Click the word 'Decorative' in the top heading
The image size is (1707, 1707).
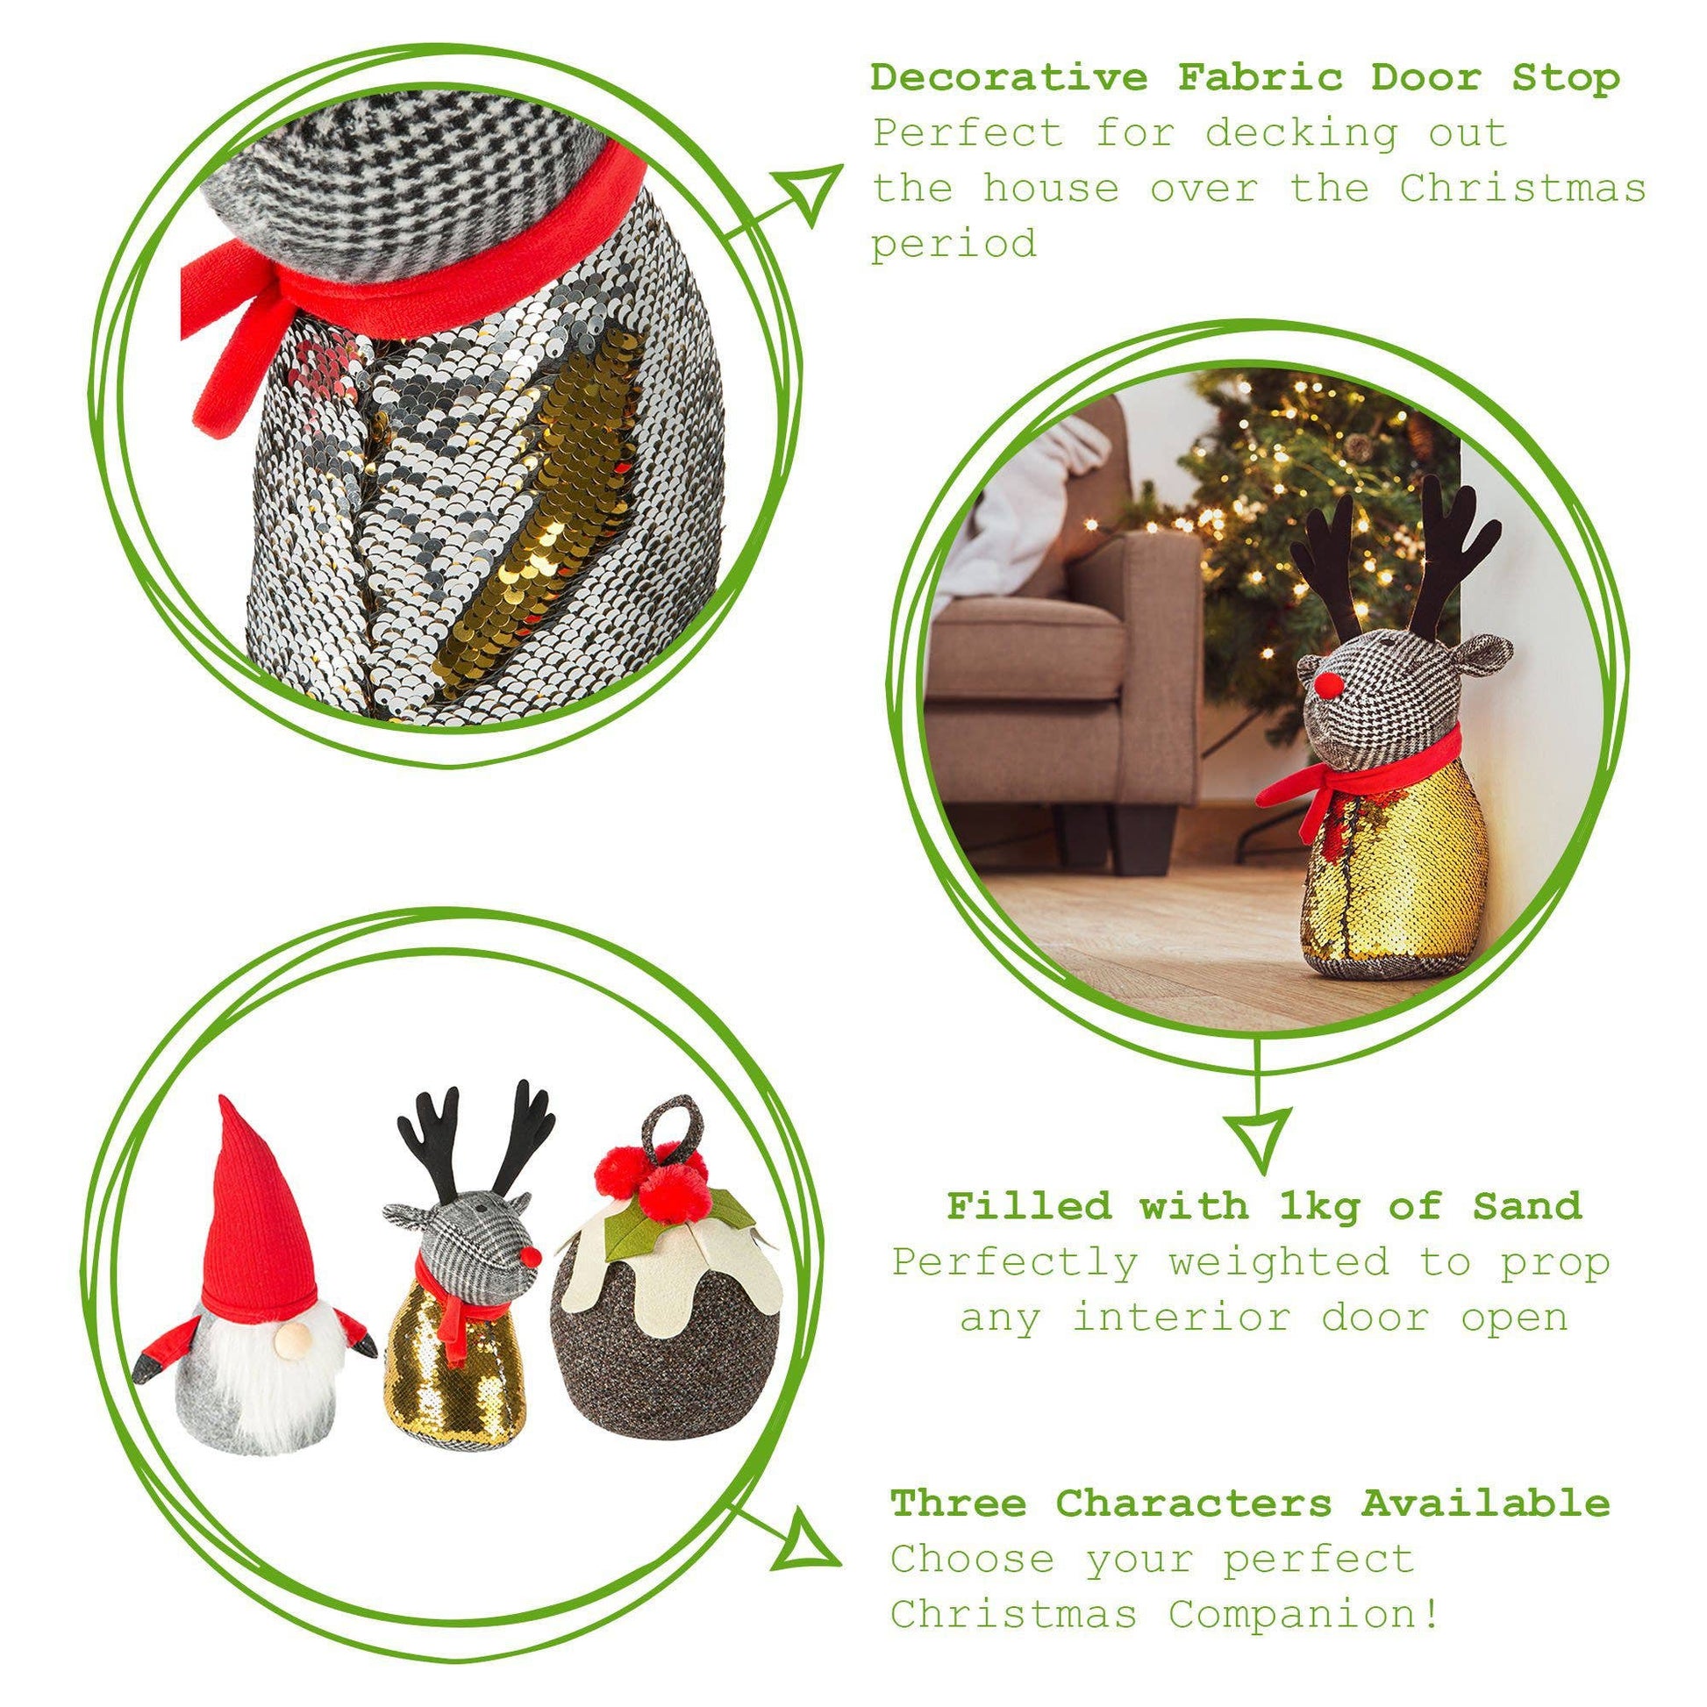click(x=1009, y=78)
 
